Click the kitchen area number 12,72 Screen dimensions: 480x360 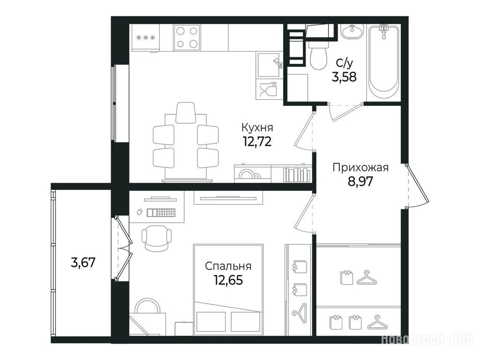pos(257,141)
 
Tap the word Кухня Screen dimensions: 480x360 pos(257,127)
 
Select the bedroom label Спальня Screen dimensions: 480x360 pos(228,266)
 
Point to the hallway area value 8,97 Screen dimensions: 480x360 pos(360,181)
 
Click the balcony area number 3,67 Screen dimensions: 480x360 pos(83,262)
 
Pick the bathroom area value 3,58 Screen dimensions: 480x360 pos(344,76)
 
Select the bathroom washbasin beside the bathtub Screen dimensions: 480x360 pos(352,32)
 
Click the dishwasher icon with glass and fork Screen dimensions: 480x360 pos(268,90)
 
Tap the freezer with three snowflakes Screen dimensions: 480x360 pos(146,38)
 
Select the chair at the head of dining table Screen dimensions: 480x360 pos(186,112)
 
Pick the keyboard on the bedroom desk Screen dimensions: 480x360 pos(161,212)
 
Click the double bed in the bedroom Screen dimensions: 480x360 pos(228,290)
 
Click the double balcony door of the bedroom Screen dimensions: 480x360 pos(124,248)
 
